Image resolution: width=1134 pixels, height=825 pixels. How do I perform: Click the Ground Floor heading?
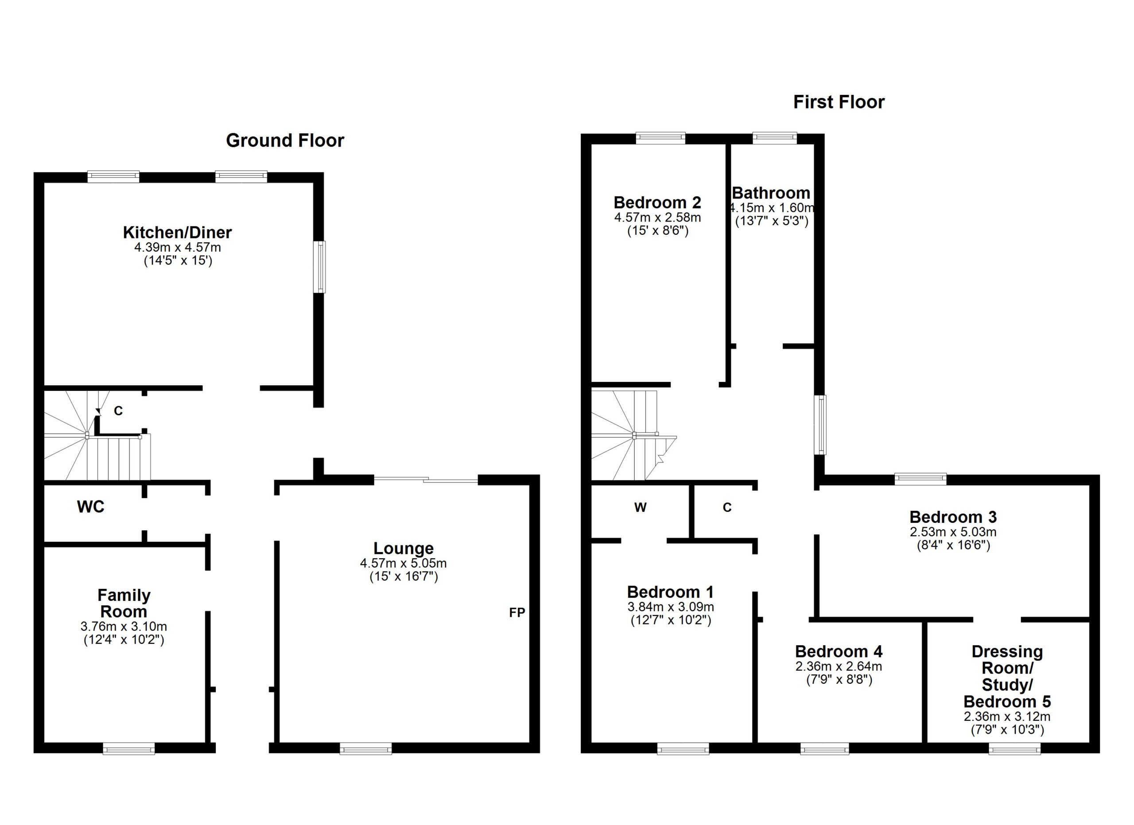pos(285,140)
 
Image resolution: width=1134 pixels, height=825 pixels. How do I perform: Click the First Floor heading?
pos(839,102)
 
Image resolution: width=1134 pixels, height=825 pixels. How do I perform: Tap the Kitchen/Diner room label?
pos(178,233)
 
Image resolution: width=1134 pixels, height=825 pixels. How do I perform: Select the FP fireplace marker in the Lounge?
pos(517,612)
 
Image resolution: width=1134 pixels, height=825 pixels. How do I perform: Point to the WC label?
pos(90,507)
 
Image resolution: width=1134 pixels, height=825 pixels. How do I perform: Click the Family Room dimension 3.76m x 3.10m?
pos(124,627)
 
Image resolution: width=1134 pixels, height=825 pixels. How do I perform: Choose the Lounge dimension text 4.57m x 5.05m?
pos(404,563)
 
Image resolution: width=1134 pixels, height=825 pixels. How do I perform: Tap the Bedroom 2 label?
pos(657,202)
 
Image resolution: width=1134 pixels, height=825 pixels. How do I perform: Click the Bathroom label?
pos(771,193)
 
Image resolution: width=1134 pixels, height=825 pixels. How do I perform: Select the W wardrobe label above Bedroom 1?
pos(641,507)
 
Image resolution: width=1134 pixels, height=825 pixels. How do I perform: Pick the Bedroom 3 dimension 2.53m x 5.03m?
pos(953,532)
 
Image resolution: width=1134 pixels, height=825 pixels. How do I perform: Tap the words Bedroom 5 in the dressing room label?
pos(1007,701)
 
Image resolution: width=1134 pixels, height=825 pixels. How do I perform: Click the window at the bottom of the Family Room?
pos(129,748)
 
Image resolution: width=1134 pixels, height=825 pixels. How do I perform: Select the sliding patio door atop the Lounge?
pos(426,480)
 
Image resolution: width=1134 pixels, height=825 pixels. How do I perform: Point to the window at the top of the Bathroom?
pos(775,138)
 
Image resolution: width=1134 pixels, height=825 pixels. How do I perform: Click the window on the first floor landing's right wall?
pos(820,425)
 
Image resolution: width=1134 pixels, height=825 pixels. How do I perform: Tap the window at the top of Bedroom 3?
pos(920,479)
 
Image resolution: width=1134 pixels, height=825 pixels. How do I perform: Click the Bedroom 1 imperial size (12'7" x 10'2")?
pos(671,620)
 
